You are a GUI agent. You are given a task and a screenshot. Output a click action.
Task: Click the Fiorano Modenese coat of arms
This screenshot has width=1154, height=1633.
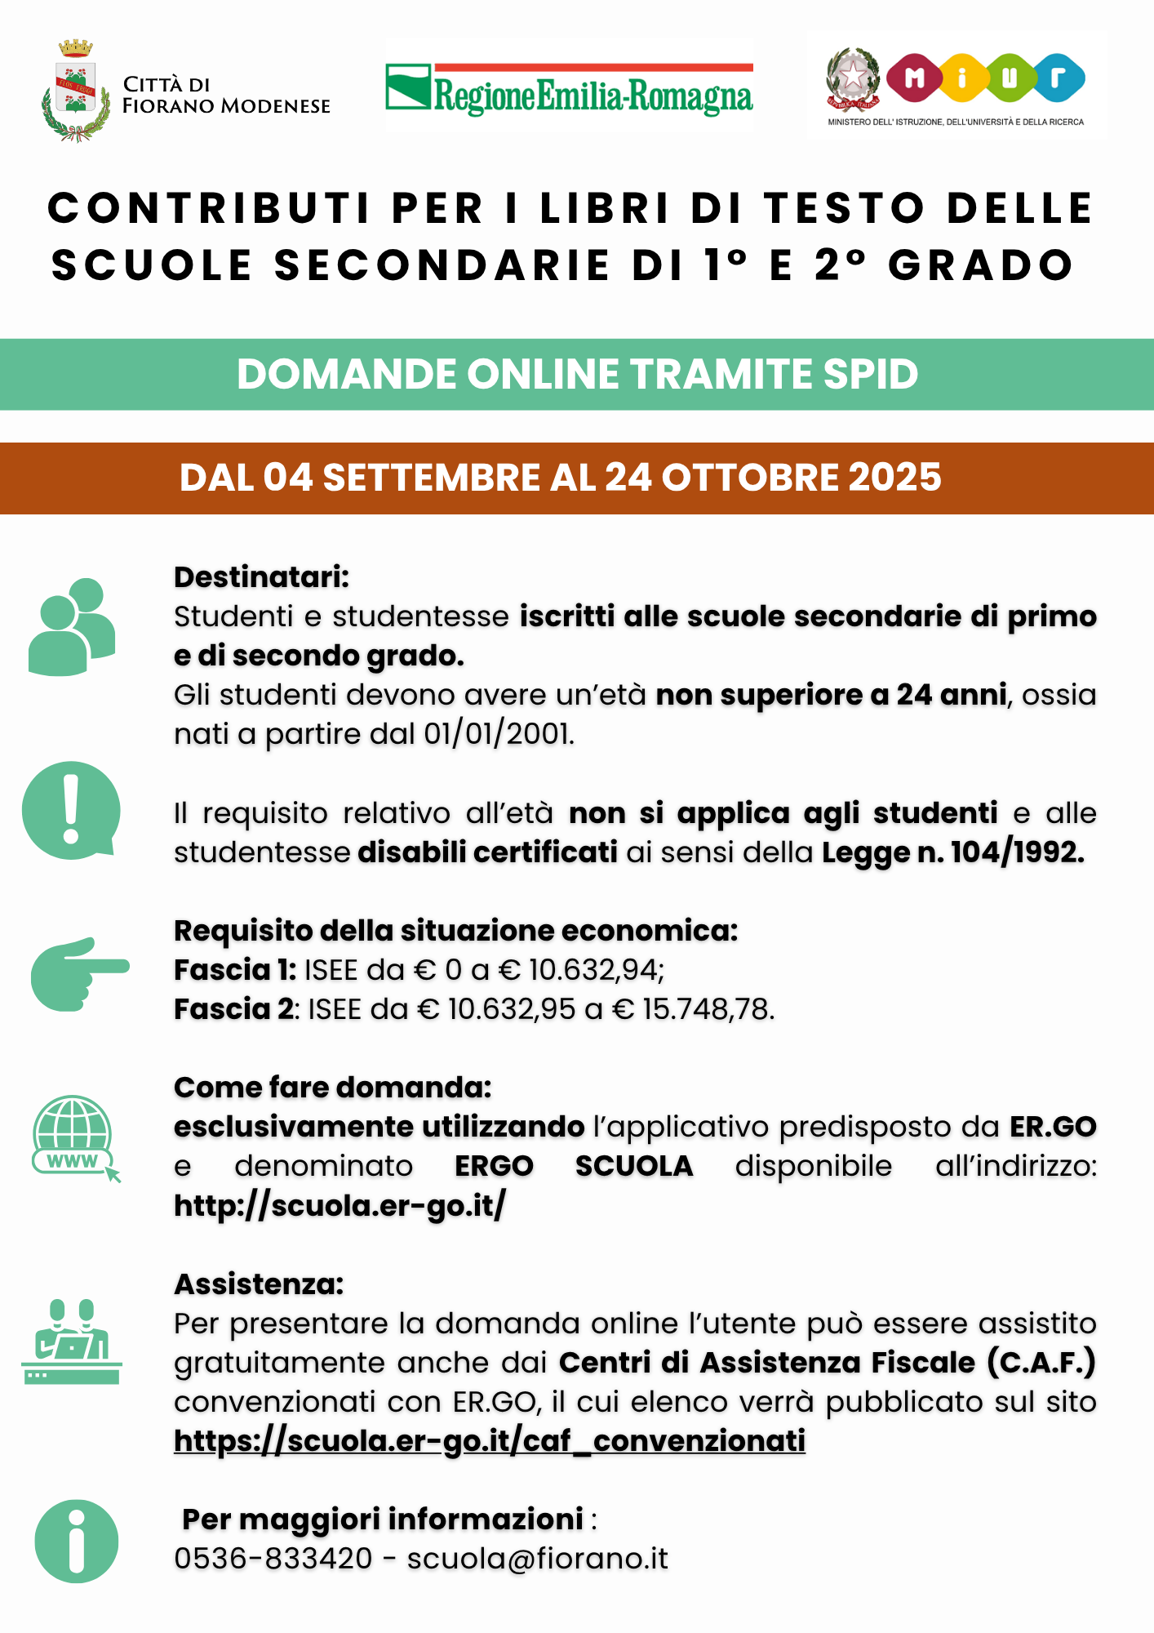click(x=75, y=91)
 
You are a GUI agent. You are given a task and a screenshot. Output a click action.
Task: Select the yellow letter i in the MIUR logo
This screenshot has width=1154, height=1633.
click(x=962, y=78)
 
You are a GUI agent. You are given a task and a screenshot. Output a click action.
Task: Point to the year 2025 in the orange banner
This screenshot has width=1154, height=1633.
click(x=894, y=478)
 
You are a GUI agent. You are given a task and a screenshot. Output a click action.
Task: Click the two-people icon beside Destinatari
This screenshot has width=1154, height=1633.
click(x=72, y=627)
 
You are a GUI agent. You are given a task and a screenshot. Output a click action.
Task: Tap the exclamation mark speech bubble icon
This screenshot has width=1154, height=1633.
click(x=72, y=810)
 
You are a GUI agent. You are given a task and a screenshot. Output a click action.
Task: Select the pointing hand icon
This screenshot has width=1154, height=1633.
click(x=79, y=973)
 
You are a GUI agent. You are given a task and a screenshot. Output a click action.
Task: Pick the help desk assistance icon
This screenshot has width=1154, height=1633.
click(x=72, y=1342)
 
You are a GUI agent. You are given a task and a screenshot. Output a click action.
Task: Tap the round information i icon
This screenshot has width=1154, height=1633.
click(x=77, y=1541)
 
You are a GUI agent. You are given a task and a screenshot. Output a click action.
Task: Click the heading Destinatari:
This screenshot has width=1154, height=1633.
click(x=261, y=577)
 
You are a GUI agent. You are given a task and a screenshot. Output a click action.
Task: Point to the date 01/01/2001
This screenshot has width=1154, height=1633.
click(x=498, y=734)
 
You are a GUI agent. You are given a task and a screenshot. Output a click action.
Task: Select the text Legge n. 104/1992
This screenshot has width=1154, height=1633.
click(x=952, y=852)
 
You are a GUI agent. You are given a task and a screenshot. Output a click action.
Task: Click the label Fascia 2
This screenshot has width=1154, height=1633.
click(x=233, y=1009)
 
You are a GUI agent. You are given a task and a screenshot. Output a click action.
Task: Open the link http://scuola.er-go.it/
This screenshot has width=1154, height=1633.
click(x=340, y=1205)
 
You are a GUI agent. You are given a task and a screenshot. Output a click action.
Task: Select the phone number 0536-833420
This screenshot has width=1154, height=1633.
click(x=273, y=1559)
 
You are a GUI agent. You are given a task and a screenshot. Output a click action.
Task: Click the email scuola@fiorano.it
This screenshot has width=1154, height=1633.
click(x=537, y=1559)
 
